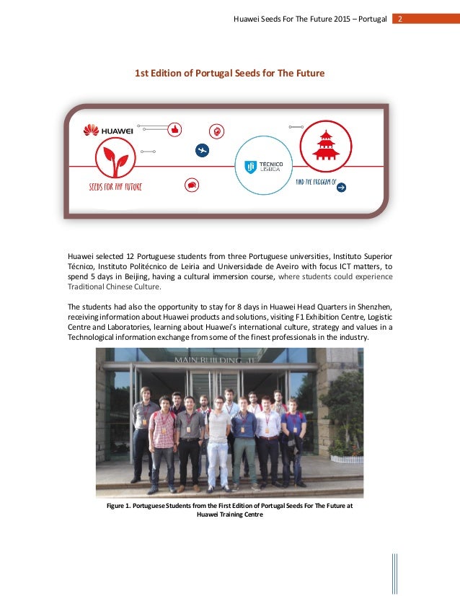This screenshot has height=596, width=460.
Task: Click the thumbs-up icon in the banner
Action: tap(174, 129)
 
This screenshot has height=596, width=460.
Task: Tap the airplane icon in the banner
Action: tap(202, 151)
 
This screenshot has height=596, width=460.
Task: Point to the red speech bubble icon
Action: tap(192, 185)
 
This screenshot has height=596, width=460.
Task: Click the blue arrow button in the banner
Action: tap(342, 187)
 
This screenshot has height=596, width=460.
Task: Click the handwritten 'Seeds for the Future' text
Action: tap(110, 187)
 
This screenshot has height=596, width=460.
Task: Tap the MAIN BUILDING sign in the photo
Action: tap(208, 359)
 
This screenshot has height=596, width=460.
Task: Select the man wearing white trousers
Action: tap(218, 442)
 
